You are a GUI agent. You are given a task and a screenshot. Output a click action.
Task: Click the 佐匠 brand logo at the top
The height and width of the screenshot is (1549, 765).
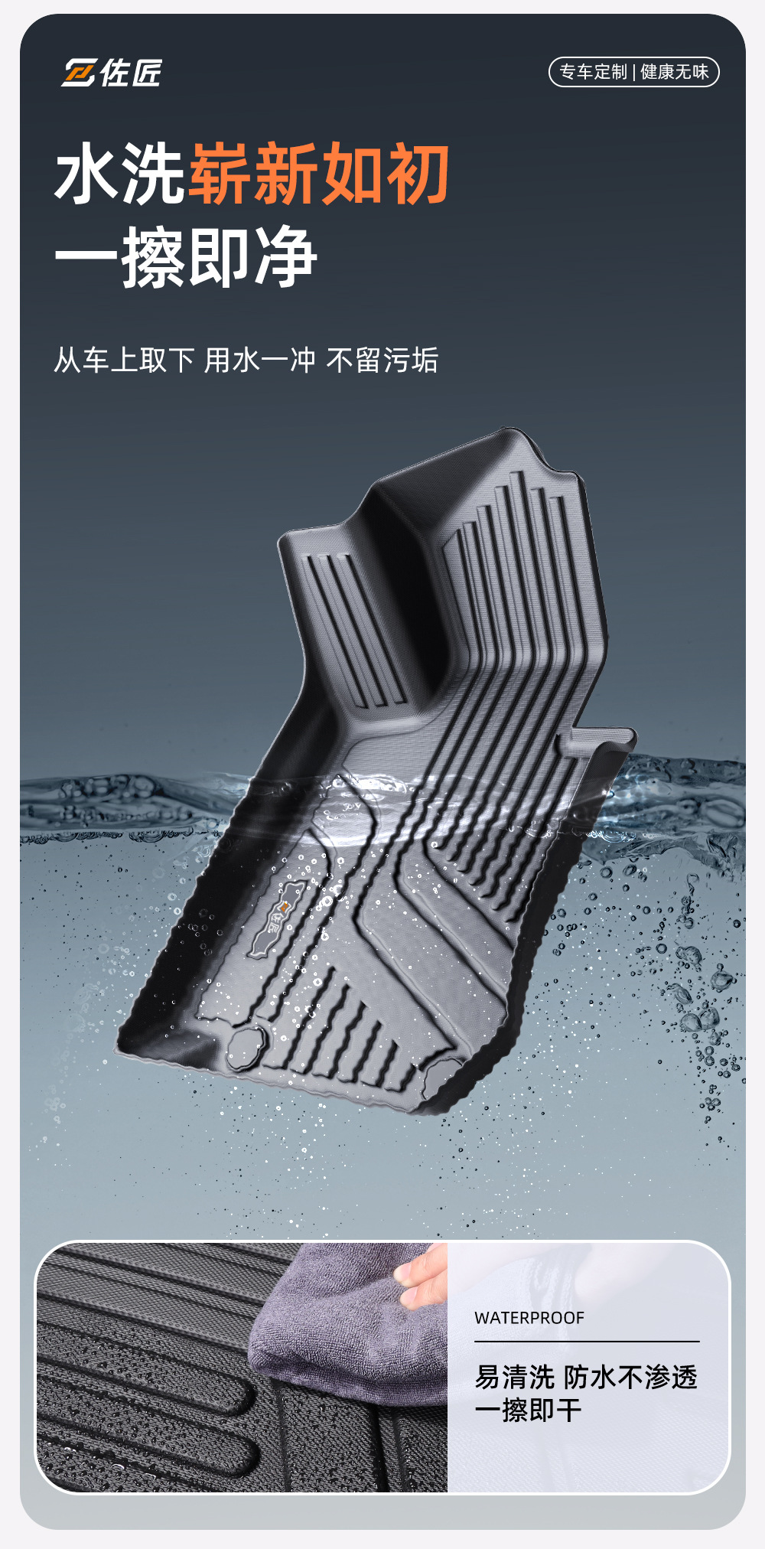coord(112,73)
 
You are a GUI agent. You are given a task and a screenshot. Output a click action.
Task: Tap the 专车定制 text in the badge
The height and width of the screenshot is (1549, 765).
coord(593,72)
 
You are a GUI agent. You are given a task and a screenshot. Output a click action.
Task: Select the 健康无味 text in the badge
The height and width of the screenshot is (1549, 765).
coord(675,72)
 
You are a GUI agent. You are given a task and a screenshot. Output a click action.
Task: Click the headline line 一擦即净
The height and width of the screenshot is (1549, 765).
coord(186,257)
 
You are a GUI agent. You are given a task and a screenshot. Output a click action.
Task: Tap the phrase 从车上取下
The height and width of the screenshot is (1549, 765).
coord(124,360)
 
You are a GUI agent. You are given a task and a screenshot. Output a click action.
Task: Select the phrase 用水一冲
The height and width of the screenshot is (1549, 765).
coord(259,360)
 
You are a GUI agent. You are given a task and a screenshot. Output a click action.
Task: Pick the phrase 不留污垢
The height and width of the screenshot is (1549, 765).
coord(382,360)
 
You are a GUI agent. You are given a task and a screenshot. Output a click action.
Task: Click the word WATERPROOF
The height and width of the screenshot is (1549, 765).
coord(529,1318)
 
